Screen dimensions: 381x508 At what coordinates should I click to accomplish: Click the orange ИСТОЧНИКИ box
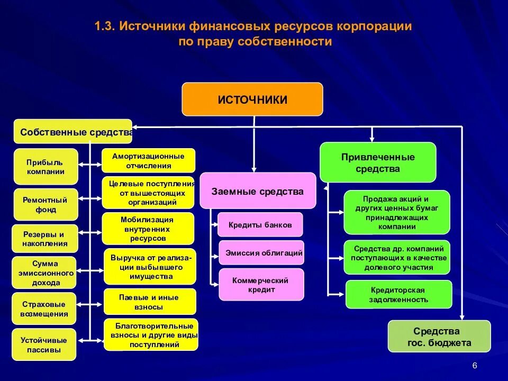click(252, 99)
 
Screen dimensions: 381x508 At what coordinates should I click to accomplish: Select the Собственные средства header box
click(73, 132)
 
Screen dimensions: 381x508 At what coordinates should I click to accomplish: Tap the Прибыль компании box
click(46, 166)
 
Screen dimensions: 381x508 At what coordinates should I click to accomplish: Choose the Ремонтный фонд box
click(46, 205)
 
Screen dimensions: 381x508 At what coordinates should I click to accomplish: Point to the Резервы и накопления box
click(45, 239)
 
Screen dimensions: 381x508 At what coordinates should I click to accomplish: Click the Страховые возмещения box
click(45, 309)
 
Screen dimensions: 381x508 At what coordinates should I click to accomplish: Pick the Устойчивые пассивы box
click(44, 344)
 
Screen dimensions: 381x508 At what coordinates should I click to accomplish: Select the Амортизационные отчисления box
click(148, 160)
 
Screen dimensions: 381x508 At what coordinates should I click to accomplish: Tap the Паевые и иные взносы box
click(150, 302)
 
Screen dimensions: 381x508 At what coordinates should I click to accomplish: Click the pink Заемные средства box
click(257, 191)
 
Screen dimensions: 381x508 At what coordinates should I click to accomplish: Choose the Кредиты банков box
click(260, 225)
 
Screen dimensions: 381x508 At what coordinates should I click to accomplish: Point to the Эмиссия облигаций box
click(262, 253)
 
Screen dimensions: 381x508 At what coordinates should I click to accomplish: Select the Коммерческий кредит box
click(261, 285)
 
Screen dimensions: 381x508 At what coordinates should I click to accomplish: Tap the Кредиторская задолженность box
click(399, 295)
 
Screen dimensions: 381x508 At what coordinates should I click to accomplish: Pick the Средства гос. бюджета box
click(439, 337)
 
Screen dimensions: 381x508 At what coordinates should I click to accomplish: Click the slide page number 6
click(474, 366)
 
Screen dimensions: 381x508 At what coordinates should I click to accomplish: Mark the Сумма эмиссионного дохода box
click(46, 273)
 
